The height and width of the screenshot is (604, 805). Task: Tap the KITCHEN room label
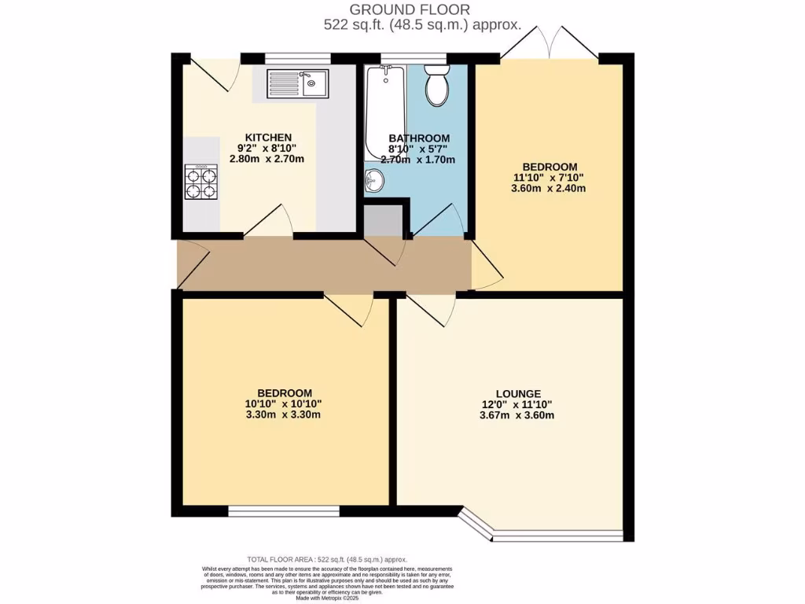click(x=268, y=137)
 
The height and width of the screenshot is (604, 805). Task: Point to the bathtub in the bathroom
click(x=384, y=110)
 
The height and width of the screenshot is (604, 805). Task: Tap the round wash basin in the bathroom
click(x=374, y=182)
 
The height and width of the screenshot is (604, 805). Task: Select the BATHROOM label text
click(x=419, y=138)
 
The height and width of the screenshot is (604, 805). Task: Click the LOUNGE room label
click(x=517, y=393)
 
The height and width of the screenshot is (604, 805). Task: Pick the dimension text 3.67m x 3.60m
click(x=517, y=415)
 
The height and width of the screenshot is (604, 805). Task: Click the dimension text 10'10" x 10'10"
click(x=285, y=404)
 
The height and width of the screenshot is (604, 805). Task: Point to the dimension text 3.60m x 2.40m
click(x=550, y=189)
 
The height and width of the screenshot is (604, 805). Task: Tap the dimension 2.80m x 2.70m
click(x=266, y=159)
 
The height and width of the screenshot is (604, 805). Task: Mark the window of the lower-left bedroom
click(x=284, y=511)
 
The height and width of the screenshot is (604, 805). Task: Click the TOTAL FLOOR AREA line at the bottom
click(x=327, y=558)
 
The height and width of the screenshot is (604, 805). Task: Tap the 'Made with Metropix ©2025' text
click(x=327, y=598)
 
